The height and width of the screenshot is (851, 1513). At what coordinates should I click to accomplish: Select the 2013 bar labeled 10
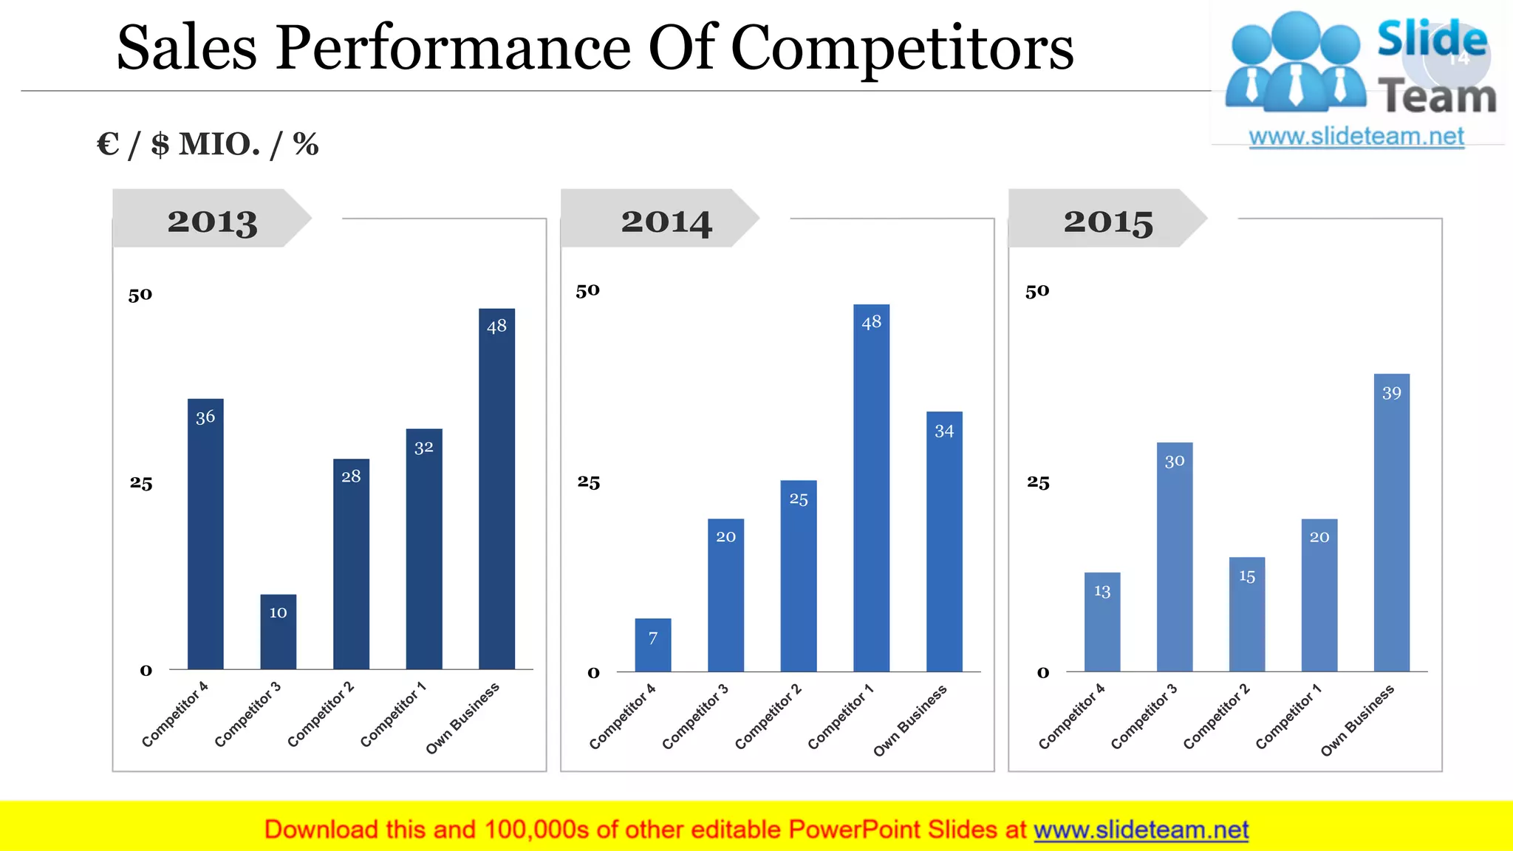point(278,632)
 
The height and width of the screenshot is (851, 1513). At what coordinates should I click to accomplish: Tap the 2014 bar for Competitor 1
point(871,488)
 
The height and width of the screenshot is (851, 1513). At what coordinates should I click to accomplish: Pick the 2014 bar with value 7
point(652,645)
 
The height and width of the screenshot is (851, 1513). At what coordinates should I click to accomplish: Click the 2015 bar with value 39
point(1391,522)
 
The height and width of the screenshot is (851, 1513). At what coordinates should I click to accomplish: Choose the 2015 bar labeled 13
point(1102,622)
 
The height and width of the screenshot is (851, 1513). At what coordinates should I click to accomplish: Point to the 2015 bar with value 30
point(1174,557)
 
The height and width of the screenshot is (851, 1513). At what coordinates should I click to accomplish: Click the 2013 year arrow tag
point(212,219)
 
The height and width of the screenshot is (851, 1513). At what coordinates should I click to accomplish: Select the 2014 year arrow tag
point(660,219)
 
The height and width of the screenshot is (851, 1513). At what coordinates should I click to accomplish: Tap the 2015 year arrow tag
point(1107,219)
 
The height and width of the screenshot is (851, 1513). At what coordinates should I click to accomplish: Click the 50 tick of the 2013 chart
point(140,295)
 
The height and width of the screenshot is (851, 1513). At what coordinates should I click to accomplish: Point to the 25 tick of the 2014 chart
point(589,482)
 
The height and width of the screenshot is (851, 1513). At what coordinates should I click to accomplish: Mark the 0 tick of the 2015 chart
point(1043,673)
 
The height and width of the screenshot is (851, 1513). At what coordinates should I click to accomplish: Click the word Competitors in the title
point(902,48)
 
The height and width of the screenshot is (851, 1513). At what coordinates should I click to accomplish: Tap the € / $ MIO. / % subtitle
point(208,144)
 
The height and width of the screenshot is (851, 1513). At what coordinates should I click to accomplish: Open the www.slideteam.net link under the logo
point(1356,137)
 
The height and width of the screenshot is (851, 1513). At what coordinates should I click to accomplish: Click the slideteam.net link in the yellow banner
point(1141,830)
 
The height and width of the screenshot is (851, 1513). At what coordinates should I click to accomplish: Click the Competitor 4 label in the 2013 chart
point(175,714)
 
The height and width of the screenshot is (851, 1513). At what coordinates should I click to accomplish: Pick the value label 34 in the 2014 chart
point(944,431)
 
